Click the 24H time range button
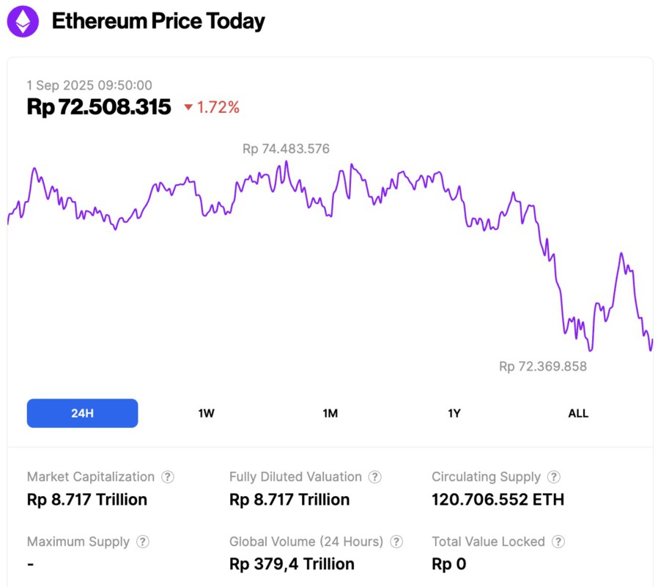82,413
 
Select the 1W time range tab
206,413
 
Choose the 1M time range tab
330,413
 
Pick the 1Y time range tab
454,413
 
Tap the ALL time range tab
578,413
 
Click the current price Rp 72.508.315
99,107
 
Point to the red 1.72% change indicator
212,108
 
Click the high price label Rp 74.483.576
286,149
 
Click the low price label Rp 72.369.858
543,366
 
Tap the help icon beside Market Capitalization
168,477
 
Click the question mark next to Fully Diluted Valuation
374,477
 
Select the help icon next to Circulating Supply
554,477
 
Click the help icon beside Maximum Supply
143,542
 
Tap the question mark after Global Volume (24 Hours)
396,542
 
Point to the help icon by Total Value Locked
558,542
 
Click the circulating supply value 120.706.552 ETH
498,500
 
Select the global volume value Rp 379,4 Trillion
292,564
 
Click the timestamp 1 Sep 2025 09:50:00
89,85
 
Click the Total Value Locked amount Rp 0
448,564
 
